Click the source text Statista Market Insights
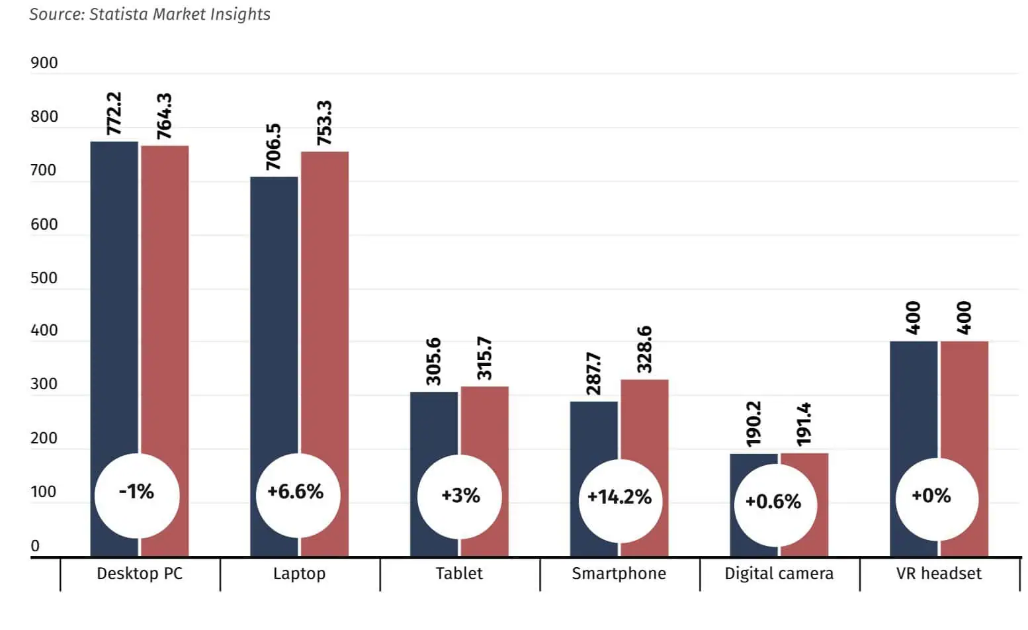(150, 15)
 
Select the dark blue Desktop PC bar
(114, 298)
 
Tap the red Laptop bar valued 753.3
(325, 298)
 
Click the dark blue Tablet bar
(434, 424)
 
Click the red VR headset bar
(964, 397)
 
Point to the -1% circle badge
(137, 492)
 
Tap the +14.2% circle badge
(619, 497)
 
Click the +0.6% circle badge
(773, 502)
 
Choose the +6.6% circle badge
(296, 492)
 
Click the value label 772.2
(114, 113)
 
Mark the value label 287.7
(594, 374)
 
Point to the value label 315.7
(485, 359)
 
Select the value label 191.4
(804, 424)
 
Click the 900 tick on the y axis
(44, 64)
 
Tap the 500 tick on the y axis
(44, 278)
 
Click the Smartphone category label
(619, 574)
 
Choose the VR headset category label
(939, 574)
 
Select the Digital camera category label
(779, 574)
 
